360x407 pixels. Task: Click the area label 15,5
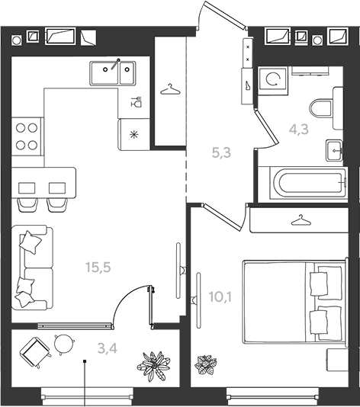(x=98, y=267)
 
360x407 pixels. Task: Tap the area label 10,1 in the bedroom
(x=220, y=297)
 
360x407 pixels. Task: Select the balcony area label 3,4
(x=108, y=348)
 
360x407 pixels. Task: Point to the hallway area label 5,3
(x=221, y=152)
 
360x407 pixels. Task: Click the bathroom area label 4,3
(x=299, y=129)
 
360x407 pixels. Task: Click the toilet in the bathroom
(x=326, y=107)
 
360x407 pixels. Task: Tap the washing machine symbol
(x=273, y=79)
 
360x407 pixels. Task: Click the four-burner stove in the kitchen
(x=27, y=136)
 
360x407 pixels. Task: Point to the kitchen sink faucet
(x=116, y=64)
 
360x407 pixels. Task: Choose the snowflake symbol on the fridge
(x=133, y=134)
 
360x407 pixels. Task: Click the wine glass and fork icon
(x=136, y=101)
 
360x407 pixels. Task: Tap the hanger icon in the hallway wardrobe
(x=170, y=89)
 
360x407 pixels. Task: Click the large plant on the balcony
(x=154, y=366)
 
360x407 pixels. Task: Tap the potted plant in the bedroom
(x=206, y=365)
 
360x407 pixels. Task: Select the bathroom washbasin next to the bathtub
(x=334, y=150)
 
